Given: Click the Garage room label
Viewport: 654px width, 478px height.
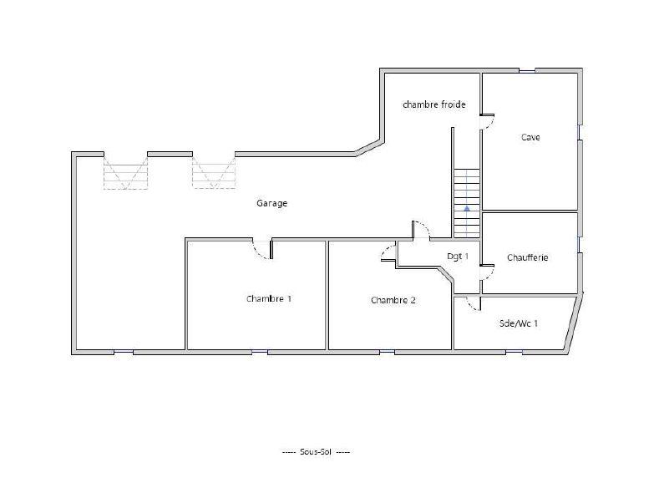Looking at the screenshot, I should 271,203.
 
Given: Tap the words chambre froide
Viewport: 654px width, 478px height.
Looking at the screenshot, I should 433,104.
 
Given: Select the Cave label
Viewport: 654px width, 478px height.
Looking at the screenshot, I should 530,137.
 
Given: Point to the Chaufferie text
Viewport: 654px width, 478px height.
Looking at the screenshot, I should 527,257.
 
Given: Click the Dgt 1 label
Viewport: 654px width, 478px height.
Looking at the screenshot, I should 457,257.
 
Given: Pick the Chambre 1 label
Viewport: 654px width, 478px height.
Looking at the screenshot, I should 268,298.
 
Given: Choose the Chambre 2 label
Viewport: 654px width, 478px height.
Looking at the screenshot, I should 393,300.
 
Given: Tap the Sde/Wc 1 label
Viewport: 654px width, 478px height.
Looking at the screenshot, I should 518,322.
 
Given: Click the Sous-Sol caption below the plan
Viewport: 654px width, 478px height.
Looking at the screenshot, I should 316,451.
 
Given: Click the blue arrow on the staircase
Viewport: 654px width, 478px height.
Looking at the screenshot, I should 467,207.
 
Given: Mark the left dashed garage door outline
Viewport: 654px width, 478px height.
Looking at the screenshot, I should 125,173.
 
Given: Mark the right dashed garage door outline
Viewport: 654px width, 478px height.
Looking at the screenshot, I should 214,173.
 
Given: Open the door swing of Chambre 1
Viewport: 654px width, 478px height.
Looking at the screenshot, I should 261,249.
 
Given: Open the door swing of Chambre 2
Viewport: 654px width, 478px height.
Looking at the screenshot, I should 388,252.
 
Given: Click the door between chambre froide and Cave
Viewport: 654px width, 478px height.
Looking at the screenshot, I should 487,122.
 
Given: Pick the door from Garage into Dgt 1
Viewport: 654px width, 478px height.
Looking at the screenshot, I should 421,231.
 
